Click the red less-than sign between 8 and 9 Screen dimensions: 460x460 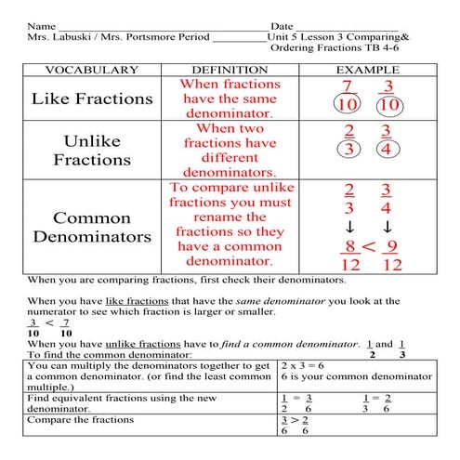(368, 246)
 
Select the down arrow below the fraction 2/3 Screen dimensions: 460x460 (349, 227)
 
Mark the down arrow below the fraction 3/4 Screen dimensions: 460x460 (388, 227)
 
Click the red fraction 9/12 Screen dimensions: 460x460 (391, 255)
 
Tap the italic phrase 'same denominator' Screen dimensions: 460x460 (267, 301)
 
